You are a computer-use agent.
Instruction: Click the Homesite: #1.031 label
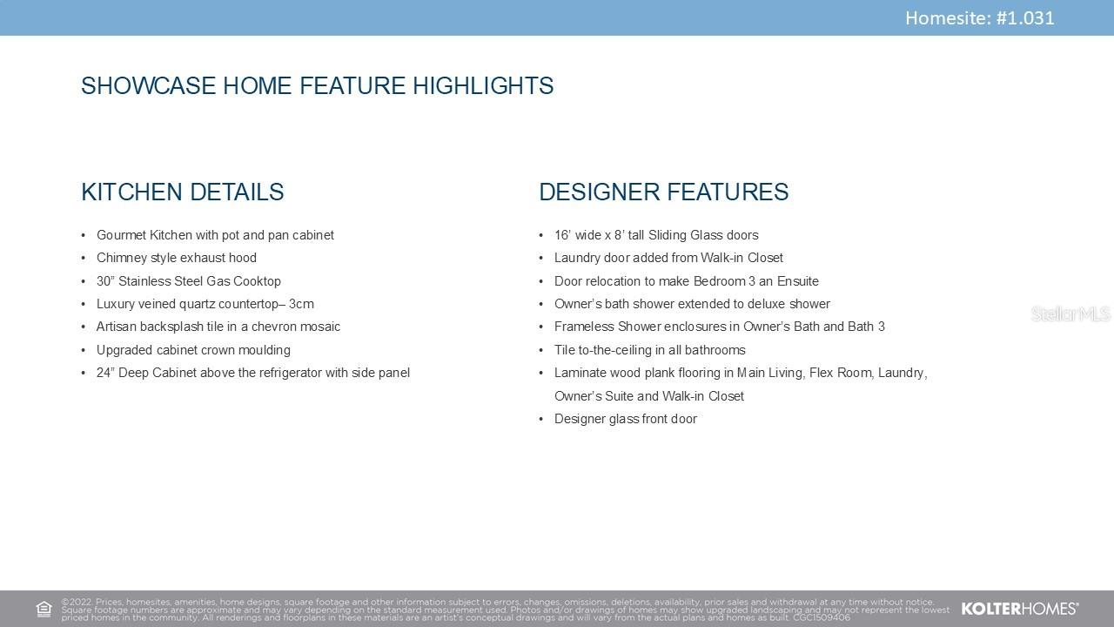click(979, 18)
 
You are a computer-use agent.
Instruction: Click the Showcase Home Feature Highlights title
click(318, 85)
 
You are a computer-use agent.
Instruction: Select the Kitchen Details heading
click(183, 192)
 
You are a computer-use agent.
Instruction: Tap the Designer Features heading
click(664, 192)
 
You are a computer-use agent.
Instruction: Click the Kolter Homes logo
click(1019, 609)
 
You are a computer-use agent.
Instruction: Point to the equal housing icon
click(44, 609)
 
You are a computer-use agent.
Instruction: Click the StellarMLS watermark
click(1070, 314)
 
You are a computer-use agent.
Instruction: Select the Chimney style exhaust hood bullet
click(177, 258)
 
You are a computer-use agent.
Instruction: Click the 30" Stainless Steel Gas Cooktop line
click(189, 281)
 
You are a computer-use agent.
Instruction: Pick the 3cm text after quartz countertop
click(301, 304)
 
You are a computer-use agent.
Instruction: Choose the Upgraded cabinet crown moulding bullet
click(193, 350)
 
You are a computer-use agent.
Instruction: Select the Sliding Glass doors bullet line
click(656, 235)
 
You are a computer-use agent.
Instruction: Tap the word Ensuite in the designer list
click(798, 281)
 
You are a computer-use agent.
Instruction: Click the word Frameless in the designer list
click(584, 327)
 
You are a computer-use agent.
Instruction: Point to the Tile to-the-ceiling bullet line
click(650, 350)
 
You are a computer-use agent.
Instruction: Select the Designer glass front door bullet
click(626, 419)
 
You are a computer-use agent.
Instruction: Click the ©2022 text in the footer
click(77, 602)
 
